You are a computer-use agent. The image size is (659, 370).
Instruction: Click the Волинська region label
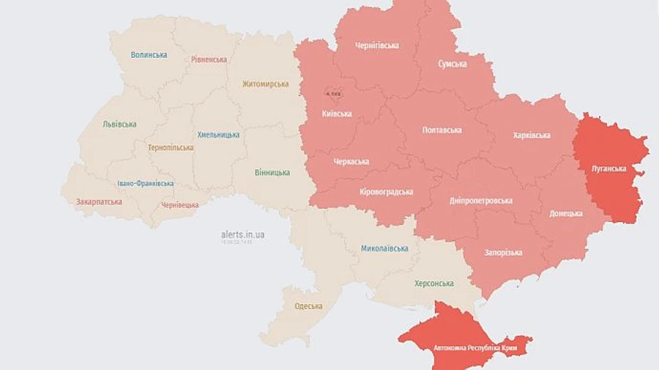pos(149,55)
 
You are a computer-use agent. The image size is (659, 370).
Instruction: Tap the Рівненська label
pos(209,59)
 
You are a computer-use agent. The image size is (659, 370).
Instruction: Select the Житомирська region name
pos(265,84)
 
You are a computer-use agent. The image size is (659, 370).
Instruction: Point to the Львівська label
pos(119,124)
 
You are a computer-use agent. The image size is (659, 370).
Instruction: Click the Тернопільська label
pos(171,147)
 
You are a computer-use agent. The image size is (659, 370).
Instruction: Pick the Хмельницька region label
pos(218,135)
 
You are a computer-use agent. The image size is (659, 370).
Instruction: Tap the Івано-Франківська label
pos(145,183)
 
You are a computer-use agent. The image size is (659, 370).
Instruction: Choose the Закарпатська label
pos(99,201)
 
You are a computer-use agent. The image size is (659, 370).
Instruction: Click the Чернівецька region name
pos(179,205)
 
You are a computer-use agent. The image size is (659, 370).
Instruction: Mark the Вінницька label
pos(272,173)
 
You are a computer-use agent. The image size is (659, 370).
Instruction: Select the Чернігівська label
pos(377,45)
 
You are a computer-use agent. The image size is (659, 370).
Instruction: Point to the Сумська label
pos(453,64)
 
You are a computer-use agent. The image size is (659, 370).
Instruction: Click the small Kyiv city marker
pos(334,94)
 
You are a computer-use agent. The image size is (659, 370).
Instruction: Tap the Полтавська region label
pos(442,130)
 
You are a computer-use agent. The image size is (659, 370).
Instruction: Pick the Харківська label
pos(532,135)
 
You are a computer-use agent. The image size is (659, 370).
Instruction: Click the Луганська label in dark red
pos(608,169)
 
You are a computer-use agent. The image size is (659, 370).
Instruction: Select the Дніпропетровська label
pos(480,201)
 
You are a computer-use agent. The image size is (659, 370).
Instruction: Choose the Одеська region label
pos(308,307)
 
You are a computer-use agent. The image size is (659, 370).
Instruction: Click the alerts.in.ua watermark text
pos(242,234)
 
